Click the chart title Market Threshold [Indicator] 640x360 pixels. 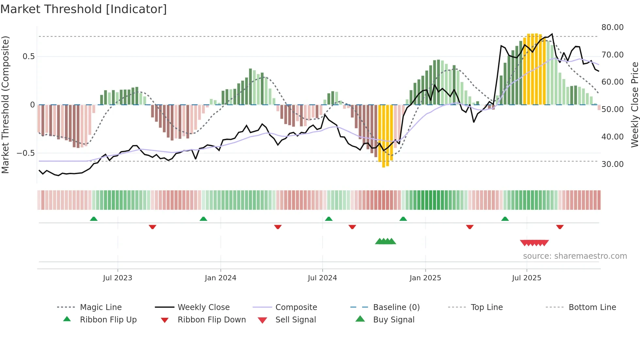pos(84,9)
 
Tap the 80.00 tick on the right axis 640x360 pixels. pos(612,27)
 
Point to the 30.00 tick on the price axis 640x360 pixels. pos(612,164)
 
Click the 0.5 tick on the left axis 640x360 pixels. pos(28,57)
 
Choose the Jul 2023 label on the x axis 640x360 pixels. pos(118,278)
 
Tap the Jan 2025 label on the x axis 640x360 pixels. pos(425,278)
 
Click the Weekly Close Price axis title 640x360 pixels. pos(634,105)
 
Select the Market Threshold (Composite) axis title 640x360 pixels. pos(5,105)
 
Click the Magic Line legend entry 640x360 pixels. pos(101,307)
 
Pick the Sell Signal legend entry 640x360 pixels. pos(295,320)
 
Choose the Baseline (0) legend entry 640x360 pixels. pos(396,307)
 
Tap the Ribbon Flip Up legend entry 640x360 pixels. pos(108,320)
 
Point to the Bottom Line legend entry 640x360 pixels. pos(592,307)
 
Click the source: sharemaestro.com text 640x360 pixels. pos(575,256)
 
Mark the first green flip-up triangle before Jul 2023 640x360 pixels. pos(94,219)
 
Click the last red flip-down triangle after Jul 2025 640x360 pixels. pos(560,227)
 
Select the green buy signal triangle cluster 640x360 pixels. pos(385,241)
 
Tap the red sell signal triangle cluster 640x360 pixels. pos(534,243)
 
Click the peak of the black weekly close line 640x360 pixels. pos(552,34)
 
